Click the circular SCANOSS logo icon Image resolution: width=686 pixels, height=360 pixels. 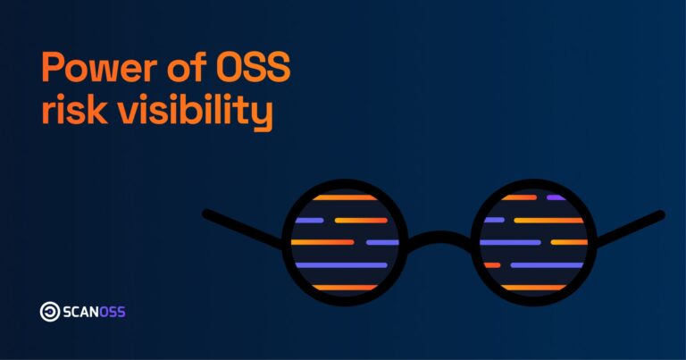50,312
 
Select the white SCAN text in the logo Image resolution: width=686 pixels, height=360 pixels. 82,312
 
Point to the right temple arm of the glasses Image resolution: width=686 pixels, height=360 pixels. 631,227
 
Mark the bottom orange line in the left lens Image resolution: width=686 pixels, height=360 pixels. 344,287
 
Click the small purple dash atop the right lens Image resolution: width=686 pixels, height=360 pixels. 556,197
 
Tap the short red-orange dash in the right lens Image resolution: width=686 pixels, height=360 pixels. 492,264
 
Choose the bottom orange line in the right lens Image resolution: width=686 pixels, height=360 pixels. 533,287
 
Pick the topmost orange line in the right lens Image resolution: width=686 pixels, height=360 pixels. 520,197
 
